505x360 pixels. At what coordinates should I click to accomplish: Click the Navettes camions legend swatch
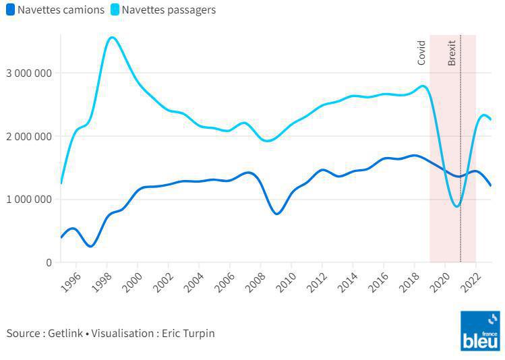pyautogui.click(x=9, y=10)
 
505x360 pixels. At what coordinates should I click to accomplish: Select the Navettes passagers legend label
pyautogui.click(x=169, y=10)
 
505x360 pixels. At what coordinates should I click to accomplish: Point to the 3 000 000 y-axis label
pyautogui.click(x=29, y=73)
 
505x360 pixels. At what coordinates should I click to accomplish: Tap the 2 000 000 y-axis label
pyautogui.click(x=29, y=136)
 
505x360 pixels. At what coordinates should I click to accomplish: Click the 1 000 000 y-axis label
pyautogui.click(x=29, y=200)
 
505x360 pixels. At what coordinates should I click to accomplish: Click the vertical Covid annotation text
pyautogui.click(x=421, y=53)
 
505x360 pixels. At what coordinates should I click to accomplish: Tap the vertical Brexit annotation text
pyautogui.click(x=452, y=53)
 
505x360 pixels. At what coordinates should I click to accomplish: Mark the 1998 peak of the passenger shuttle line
pyautogui.click(x=112, y=37)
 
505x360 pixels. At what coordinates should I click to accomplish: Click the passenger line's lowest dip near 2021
pyautogui.click(x=457, y=206)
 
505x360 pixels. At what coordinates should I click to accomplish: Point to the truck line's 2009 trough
pyautogui.click(x=277, y=214)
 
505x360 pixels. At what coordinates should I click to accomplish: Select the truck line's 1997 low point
pyautogui.click(x=90, y=246)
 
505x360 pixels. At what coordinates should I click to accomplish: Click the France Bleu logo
pyautogui.click(x=480, y=330)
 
